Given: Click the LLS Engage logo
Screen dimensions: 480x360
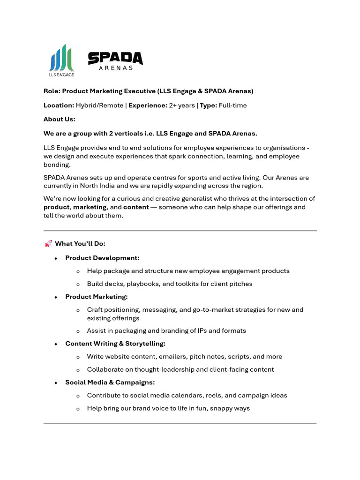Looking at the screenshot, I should [61, 60].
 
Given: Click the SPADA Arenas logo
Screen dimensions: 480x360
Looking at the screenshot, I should [115, 61].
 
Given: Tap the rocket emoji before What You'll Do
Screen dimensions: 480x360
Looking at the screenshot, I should [48, 244].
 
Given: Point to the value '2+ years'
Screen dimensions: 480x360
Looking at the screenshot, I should [182, 105].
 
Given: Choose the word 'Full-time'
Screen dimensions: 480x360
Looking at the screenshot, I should [232, 105].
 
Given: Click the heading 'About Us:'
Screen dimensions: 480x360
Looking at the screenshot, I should [59, 120].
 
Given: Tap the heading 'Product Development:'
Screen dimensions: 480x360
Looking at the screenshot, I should [102, 258].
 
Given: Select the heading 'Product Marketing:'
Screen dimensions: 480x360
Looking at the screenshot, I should [96, 297].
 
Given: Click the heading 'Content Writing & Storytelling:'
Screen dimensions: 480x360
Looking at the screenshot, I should [115, 344].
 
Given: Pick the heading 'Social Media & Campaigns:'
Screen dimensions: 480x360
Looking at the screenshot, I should [110, 382].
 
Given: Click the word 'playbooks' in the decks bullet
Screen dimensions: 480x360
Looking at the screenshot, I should [141, 284].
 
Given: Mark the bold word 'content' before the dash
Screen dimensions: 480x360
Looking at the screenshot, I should [136, 207].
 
